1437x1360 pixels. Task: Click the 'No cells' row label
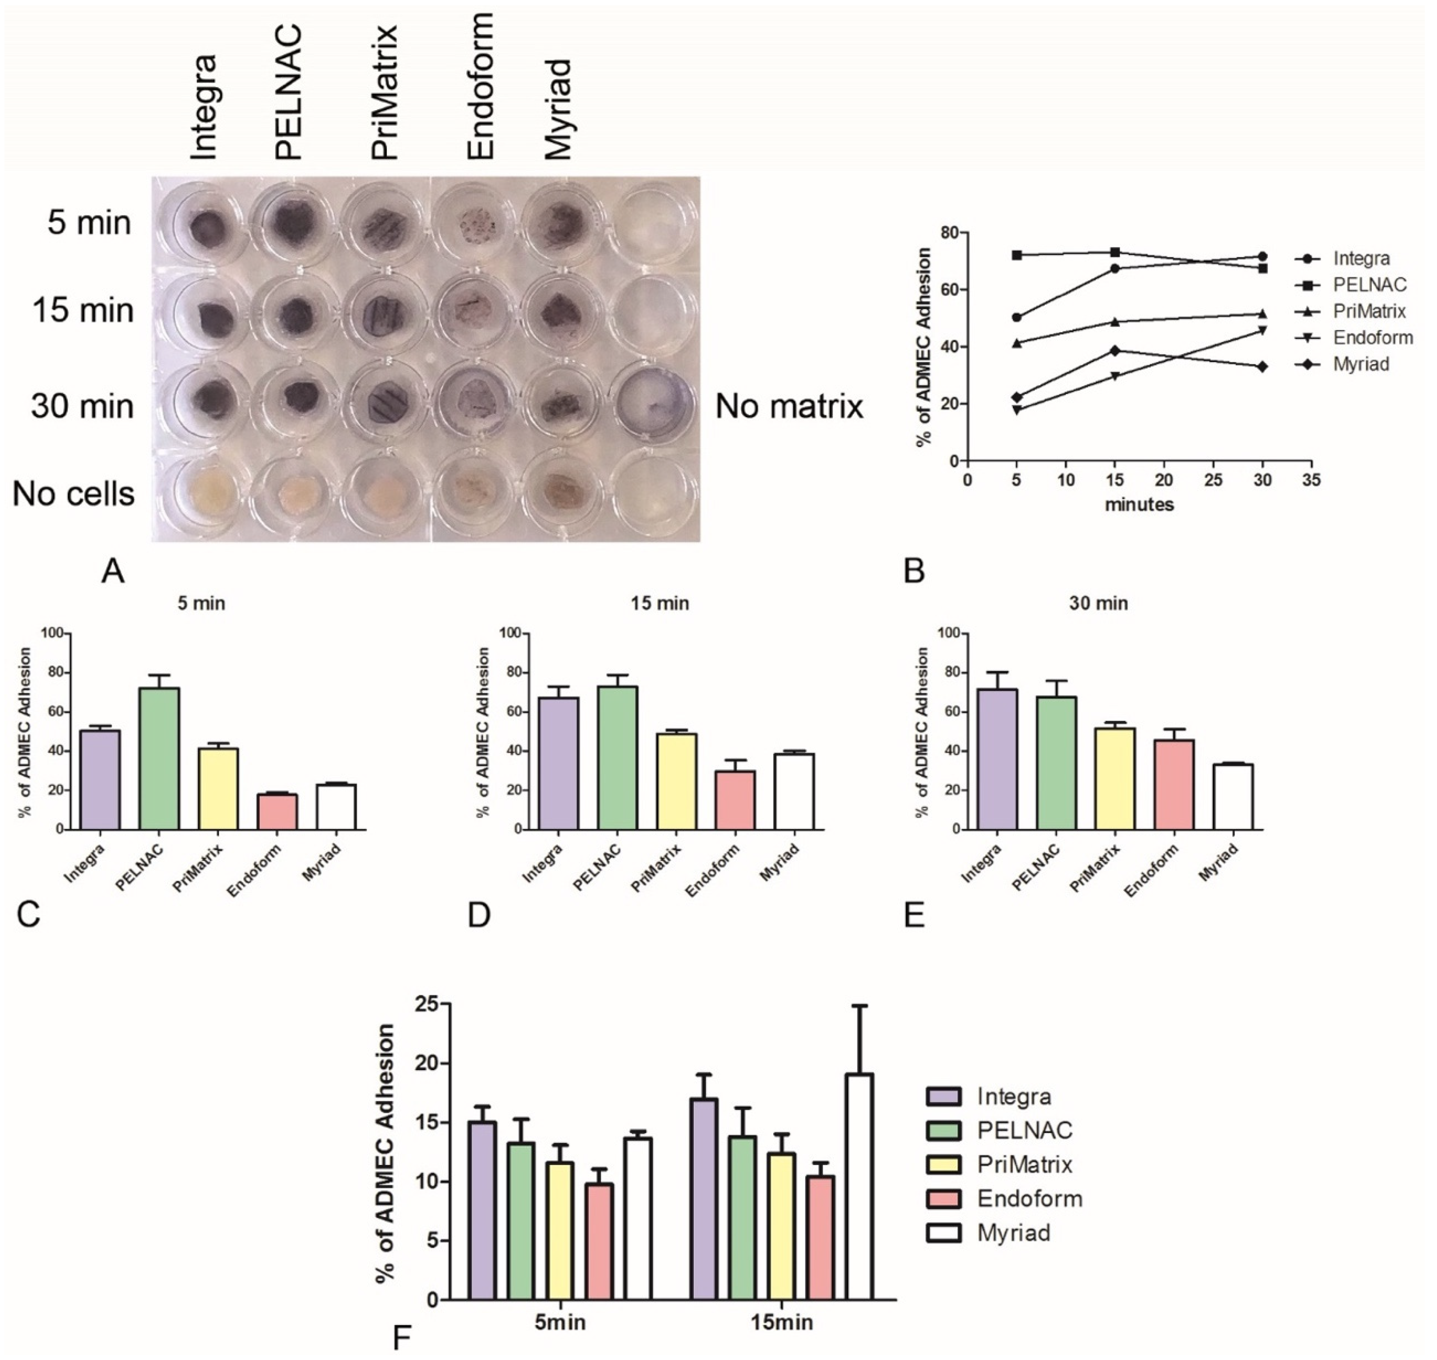(x=74, y=494)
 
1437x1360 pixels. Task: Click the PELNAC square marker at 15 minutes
(x=1115, y=252)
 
